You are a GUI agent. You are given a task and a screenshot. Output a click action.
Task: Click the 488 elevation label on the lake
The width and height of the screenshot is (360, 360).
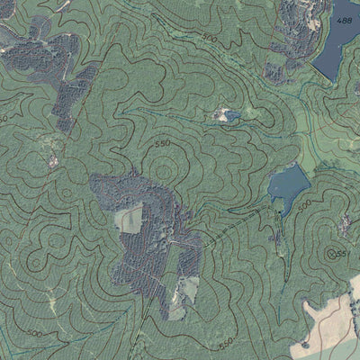pyautogui.click(x=343, y=19)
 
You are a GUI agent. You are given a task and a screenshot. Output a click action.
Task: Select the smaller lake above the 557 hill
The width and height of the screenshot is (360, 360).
pyautogui.click(x=288, y=186)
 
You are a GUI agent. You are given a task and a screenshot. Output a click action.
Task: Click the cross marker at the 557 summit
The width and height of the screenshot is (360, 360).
pyautogui.click(x=332, y=253)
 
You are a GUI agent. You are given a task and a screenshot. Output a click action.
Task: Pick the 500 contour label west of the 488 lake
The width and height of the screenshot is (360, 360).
pyautogui.click(x=210, y=39)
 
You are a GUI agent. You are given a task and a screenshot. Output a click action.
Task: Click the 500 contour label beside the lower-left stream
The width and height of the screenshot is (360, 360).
pyautogui.click(x=34, y=333)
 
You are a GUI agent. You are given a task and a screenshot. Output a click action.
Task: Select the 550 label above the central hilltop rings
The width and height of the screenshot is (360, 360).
pyautogui.click(x=162, y=143)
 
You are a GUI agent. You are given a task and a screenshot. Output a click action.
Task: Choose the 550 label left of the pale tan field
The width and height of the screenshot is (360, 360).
pyautogui.click(x=226, y=342)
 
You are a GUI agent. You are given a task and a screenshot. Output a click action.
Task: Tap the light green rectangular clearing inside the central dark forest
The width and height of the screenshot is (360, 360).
pyautogui.click(x=129, y=219)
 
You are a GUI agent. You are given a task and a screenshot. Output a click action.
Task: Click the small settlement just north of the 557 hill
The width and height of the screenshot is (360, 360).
pyautogui.click(x=346, y=220)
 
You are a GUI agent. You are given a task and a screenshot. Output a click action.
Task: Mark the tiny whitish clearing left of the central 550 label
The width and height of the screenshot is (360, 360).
pyautogui.click(x=53, y=162)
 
